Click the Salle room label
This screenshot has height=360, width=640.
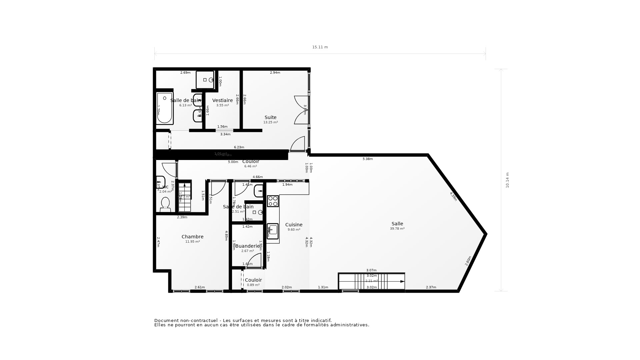click(397, 224)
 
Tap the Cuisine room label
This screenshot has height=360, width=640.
click(294, 225)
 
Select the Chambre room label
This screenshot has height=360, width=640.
click(192, 237)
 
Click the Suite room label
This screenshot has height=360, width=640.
click(270, 117)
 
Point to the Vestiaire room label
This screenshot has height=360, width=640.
click(222, 100)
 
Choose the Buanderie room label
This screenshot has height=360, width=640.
click(247, 246)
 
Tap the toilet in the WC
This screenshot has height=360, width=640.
click(165, 204)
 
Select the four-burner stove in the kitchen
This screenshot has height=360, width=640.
click(273, 201)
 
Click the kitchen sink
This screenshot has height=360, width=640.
click(273, 231)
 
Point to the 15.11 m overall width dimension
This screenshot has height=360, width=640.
click(320, 47)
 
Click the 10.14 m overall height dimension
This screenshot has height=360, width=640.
click(507, 180)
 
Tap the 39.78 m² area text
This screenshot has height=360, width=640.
click(397, 229)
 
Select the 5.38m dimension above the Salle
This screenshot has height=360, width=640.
click(368, 159)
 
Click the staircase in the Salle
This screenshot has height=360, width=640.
click(372, 281)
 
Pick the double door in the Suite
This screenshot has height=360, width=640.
click(301, 110)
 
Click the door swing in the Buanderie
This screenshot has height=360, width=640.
click(255, 260)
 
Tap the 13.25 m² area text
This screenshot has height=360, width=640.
click(270, 122)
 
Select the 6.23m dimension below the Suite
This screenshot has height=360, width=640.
click(239, 147)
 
